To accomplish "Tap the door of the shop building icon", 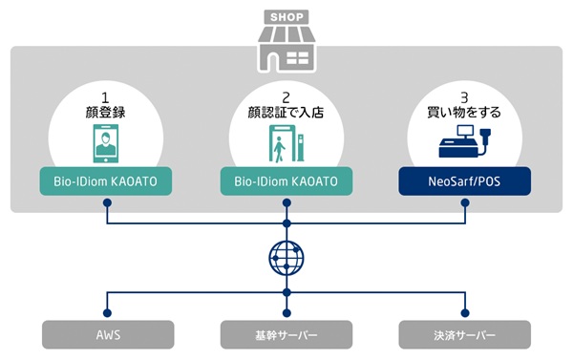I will tap(273, 60).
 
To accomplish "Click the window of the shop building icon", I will tap(298, 58).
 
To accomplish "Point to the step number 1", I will tap(107, 96).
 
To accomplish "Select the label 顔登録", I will tap(107, 113).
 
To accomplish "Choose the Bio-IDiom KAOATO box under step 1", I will tap(107, 181).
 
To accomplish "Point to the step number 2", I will tap(286, 96).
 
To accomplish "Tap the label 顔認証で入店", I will tap(286, 113).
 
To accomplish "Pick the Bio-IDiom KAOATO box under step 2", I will tap(286, 181).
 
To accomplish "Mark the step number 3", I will tap(465, 96).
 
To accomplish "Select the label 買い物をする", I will tap(465, 113).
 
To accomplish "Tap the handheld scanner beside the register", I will tap(486, 140).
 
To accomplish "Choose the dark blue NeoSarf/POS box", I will tap(465, 181).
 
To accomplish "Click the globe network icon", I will tap(286, 257).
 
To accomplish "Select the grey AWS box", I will tap(107, 334).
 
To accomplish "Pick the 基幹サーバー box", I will tap(286, 334).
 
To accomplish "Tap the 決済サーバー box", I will tap(465, 334).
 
